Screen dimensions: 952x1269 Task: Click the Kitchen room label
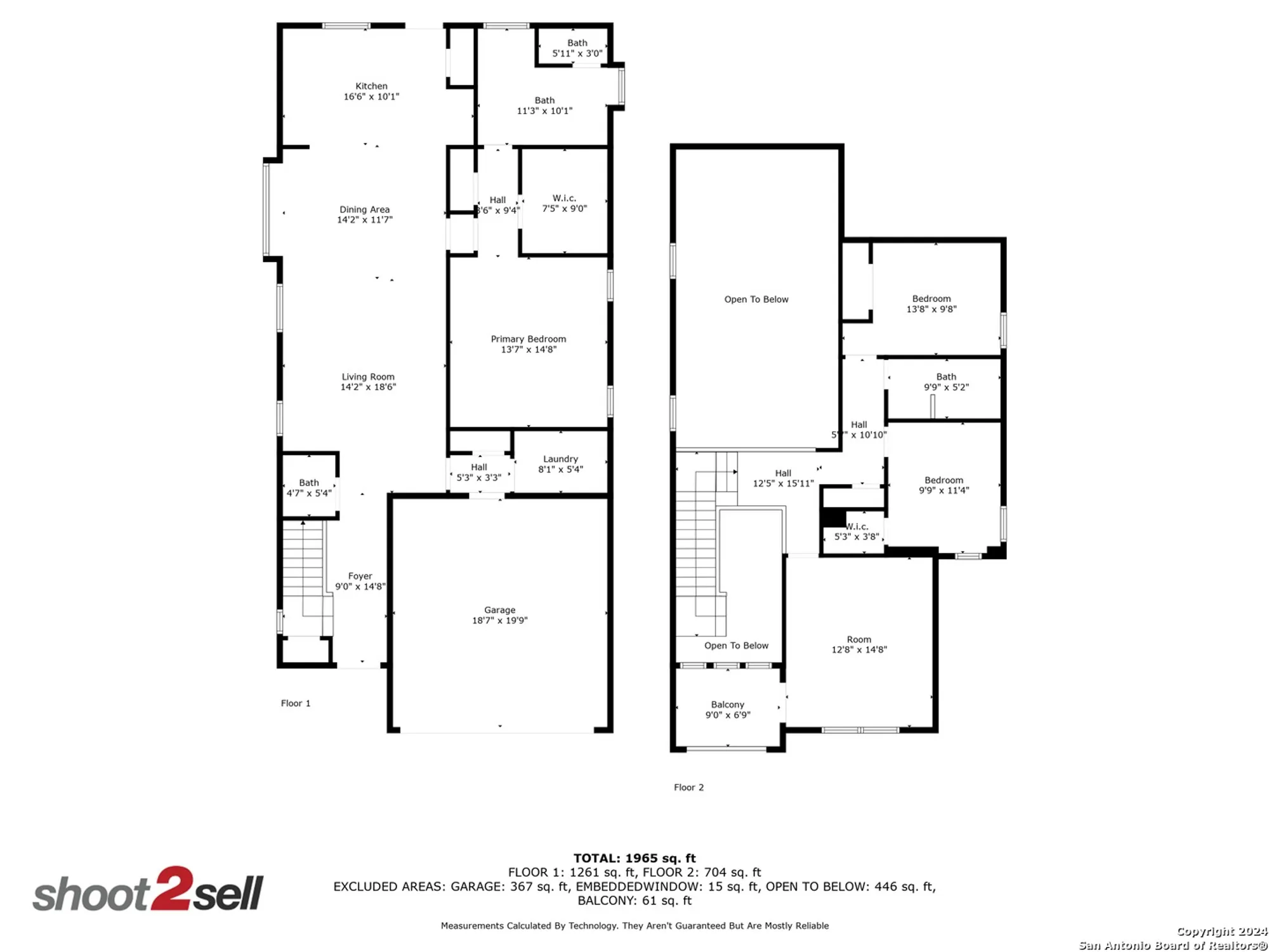[371, 86]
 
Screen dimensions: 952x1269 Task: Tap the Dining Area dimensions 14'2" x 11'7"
[365, 220]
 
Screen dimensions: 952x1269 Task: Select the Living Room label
[368, 377]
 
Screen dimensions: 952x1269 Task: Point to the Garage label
[499, 610]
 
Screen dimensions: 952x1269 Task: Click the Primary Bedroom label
[528, 339]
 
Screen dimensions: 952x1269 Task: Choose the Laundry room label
[560, 459]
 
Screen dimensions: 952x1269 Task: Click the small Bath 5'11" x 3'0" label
[577, 48]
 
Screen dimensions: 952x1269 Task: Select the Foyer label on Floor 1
[360, 576]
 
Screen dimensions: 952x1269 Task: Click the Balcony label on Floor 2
[727, 704]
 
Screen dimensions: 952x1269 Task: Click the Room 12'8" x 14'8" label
[858, 640]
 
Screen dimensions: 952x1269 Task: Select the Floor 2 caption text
[688, 788]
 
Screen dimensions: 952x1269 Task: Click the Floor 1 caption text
[296, 703]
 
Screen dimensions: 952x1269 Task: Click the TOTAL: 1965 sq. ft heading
[634, 859]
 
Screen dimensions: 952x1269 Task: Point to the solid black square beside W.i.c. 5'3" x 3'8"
[833, 518]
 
